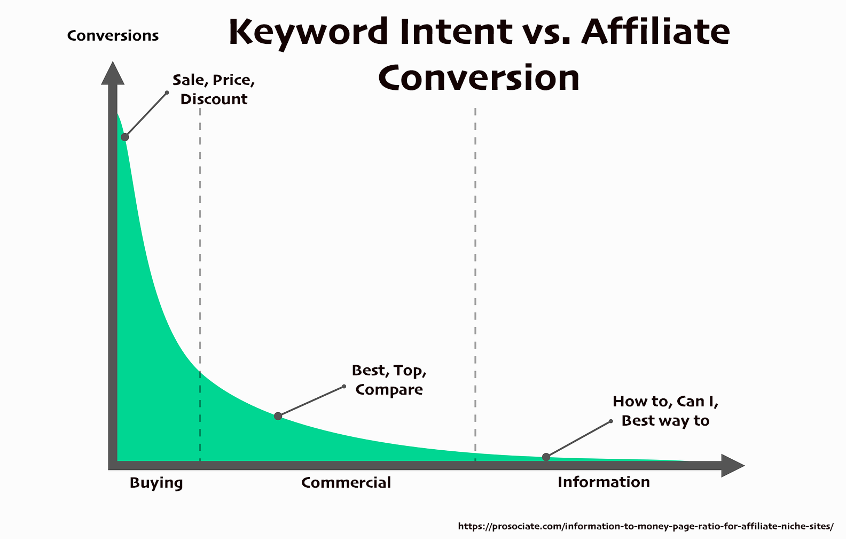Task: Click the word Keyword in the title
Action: coord(308,33)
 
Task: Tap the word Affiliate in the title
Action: coord(655,31)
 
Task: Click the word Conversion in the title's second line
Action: coord(479,77)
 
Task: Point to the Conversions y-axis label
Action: coord(113,35)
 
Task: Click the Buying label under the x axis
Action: coord(156,483)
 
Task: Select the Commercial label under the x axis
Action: coord(346,482)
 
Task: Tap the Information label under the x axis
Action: coord(604,482)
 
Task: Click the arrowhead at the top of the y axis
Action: coord(113,73)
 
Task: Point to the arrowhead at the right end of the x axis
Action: coord(733,465)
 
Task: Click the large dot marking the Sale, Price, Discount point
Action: coord(124,137)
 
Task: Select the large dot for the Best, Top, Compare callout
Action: coord(278,417)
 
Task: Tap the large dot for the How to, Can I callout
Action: coord(546,457)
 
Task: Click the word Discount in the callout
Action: coord(214,99)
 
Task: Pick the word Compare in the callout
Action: coord(389,390)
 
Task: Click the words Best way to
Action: coord(665,421)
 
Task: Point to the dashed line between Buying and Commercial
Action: coord(200,284)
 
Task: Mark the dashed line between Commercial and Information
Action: coord(475,284)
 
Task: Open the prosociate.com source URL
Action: coord(646,526)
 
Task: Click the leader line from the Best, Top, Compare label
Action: coord(311,402)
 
